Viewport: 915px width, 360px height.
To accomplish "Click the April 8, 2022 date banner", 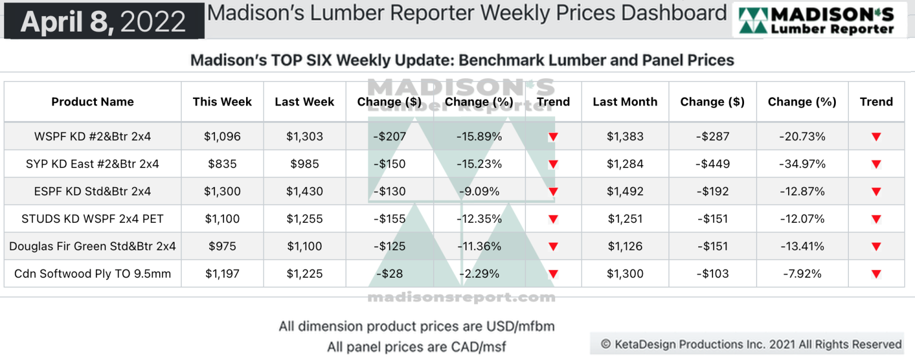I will point(103,21).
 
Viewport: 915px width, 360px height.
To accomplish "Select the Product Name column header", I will point(92,102).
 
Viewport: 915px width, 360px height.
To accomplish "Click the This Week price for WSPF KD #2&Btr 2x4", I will point(222,136).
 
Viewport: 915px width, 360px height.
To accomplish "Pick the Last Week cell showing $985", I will point(304,164).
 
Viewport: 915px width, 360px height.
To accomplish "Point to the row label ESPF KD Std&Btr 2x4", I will point(92,191).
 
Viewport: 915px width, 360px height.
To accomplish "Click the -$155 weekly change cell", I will point(389,219).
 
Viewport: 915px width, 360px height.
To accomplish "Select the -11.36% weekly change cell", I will point(479,246).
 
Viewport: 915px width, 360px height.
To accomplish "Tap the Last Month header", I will point(625,102).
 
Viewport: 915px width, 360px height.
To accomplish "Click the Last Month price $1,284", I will point(625,164).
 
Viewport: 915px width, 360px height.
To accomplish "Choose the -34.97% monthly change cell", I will point(802,164).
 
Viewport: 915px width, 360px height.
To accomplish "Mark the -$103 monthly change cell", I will point(712,274).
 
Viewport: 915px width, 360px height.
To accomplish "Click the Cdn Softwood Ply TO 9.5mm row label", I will point(92,274).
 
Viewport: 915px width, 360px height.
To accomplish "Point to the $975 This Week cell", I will point(222,246).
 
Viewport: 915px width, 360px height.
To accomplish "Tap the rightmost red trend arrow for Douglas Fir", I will point(876,247).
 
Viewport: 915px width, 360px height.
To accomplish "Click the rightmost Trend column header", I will point(876,102).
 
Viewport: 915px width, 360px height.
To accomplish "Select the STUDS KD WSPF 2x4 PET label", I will point(92,219).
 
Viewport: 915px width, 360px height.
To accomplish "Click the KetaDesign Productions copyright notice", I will point(751,344).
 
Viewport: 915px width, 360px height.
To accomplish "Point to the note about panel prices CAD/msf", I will point(416,346).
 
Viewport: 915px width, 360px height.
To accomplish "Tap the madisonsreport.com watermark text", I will point(461,297).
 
